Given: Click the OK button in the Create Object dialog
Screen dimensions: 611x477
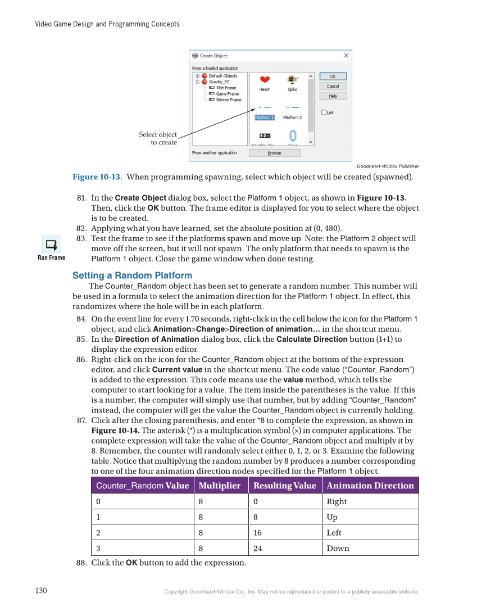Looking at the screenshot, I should tap(333, 76).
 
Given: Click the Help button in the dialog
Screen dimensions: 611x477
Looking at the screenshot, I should tap(333, 96).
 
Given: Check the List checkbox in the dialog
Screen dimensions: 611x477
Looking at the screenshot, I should tap(324, 112).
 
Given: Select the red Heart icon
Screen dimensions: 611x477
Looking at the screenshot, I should tap(265, 80).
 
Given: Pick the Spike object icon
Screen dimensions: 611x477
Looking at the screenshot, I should tap(292, 80).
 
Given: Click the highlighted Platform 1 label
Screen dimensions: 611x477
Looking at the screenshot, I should tap(264, 117).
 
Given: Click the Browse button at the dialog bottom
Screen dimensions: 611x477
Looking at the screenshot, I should tap(275, 153).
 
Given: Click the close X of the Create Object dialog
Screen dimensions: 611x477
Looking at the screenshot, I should tap(346, 56).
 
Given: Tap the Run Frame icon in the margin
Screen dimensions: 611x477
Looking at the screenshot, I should tap(51, 245).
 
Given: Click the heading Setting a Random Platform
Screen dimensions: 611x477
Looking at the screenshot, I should tap(132, 275).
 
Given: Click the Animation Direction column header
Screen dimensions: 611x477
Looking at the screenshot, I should tap(370, 486).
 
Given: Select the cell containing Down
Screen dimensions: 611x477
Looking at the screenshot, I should tap(338, 548).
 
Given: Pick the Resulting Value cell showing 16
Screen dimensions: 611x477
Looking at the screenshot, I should tap(258, 532).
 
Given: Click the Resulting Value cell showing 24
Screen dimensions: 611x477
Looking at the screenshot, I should tap(258, 548).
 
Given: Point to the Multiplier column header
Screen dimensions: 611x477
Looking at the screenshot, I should tap(220, 486).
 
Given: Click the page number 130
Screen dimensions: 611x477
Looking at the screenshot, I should tap(41, 591).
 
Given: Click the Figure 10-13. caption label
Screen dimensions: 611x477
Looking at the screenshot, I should tap(97, 177).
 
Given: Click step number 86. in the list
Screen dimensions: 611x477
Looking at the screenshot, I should tap(81, 360).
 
